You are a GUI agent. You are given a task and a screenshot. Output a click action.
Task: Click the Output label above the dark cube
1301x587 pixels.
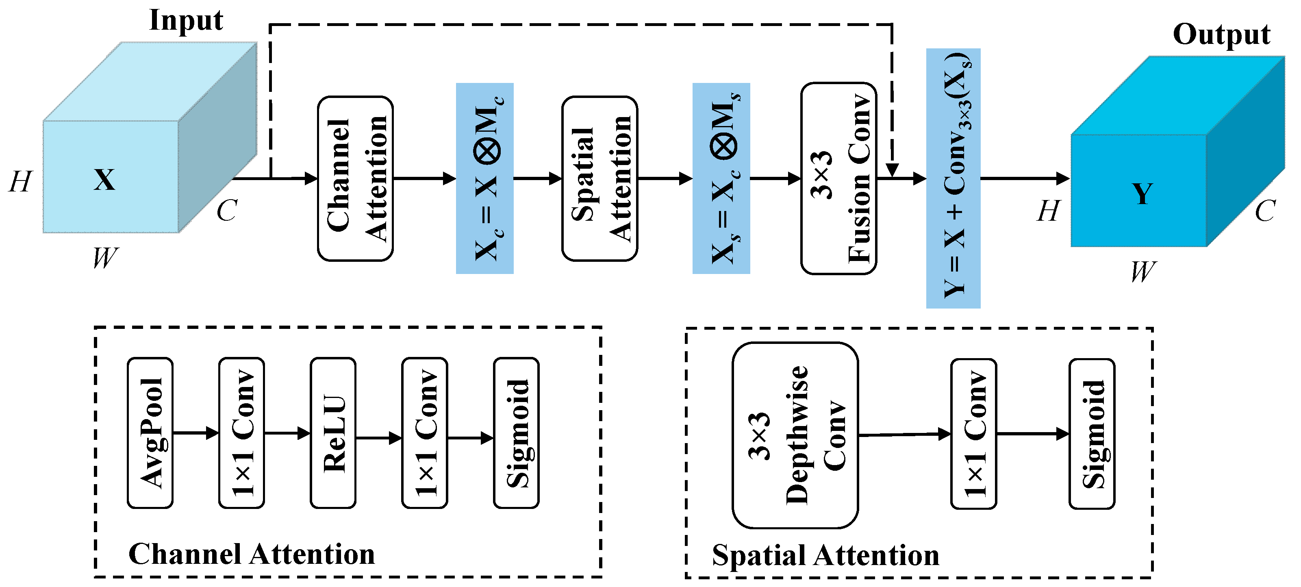[1221, 35]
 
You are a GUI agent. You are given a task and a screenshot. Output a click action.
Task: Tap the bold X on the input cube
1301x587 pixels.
[104, 179]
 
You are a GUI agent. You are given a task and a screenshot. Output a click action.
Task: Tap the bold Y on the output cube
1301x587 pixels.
[1142, 193]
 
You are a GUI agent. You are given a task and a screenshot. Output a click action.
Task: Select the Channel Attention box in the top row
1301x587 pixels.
[356, 179]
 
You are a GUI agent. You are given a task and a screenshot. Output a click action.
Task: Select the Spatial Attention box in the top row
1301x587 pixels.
[600, 179]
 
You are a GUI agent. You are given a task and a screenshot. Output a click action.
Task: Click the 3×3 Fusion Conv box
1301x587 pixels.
[839, 178]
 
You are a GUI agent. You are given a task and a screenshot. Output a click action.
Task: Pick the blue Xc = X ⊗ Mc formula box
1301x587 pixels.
[485, 178]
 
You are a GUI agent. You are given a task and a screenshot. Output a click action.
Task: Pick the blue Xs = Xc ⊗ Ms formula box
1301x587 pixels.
[721, 178]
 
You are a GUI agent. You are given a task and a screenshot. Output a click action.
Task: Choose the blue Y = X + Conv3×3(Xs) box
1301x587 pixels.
[953, 178]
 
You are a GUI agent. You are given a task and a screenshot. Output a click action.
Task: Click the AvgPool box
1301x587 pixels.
[150, 433]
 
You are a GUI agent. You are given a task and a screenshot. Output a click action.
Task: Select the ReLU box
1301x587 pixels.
[333, 433]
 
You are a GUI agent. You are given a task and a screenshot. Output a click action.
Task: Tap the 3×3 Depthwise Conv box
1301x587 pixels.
[795, 435]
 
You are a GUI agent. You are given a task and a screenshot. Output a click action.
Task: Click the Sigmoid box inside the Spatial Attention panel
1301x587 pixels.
[1092, 434]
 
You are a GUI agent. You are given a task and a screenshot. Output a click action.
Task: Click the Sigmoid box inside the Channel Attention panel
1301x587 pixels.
[517, 433]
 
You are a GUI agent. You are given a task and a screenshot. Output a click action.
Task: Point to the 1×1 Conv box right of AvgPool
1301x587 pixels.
[242, 433]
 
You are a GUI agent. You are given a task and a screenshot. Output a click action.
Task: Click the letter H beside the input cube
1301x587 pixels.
[21, 182]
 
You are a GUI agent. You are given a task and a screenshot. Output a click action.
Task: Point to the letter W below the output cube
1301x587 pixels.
[1142, 272]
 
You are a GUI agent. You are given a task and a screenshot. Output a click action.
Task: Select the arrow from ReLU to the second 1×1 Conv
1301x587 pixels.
[379, 438]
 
